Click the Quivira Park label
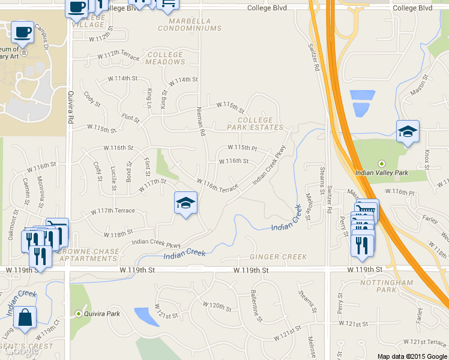(x=103, y=313)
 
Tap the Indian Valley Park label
(x=382, y=173)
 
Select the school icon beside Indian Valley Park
(x=408, y=133)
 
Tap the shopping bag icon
(x=25, y=318)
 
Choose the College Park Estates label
(x=255, y=124)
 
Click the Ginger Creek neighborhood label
(x=270, y=257)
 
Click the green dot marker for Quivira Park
(x=78, y=313)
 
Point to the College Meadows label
(x=165, y=58)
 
